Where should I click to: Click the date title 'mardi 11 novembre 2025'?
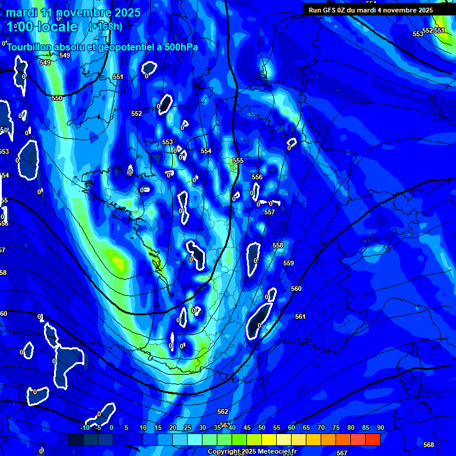[x=74, y=12]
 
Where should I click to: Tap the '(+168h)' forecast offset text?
[x=106, y=26]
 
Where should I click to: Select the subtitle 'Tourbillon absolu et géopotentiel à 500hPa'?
[x=103, y=47]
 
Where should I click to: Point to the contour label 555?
[x=238, y=161]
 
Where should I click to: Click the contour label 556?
[x=257, y=178]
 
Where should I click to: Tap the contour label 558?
[x=278, y=246]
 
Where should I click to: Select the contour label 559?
[x=289, y=263]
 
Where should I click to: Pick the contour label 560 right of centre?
[x=296, y=289]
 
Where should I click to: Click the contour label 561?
[x=300, y=317]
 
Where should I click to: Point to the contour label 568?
[x=429, y=445]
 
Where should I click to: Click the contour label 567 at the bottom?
[x=342, y=453]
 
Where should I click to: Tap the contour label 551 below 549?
[x=118, y=77]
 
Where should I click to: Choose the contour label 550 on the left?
[x=57, y=98]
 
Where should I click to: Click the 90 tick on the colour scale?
[x=380, y=428]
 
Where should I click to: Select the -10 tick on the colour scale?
[x=85, y=428]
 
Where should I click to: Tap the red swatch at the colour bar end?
[x=372, y=439]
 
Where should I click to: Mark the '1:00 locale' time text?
[x=42, y=27]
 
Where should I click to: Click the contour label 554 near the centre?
[x=206, y=151]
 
